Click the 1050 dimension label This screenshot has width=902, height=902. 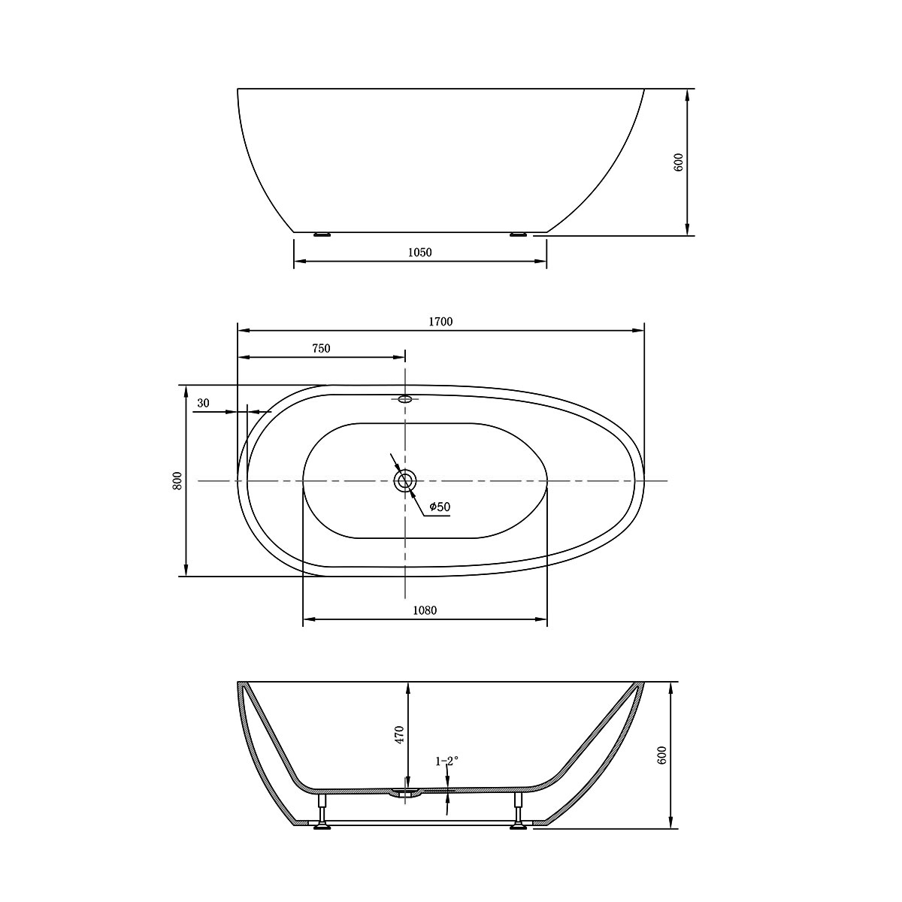[420, 253]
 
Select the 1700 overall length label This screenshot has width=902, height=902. [440, 322]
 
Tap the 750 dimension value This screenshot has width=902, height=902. [321, 348]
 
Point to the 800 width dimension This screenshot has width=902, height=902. [177, 481]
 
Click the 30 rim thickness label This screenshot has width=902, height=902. [203, 403]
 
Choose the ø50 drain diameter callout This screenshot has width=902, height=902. [440, 506]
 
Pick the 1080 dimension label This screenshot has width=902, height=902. [425, 610]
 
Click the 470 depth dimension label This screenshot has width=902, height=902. [399, 735]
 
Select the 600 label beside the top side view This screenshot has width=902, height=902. [680, 162]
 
